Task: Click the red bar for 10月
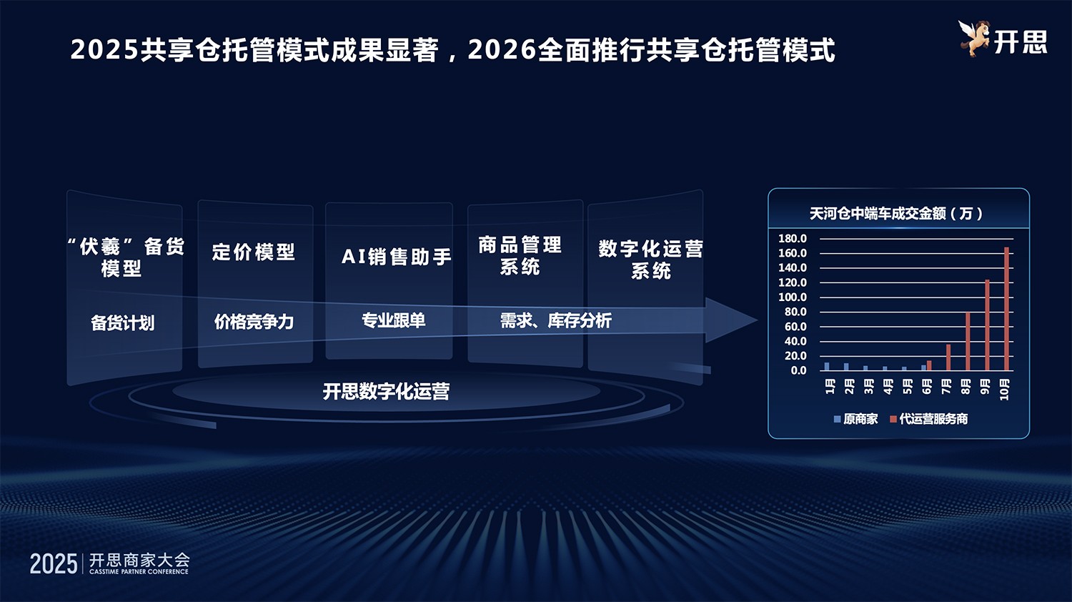(1006, 309)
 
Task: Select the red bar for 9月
(987, 325)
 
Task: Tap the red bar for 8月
(968, 341)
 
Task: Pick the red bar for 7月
(948, 357)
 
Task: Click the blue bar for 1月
(827, 366)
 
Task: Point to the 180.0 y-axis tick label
(793, 239)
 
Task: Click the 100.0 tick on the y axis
(793, 297)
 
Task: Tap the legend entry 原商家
(855, 419)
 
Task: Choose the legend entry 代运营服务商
(928, 419)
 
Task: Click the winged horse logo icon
(973, 39)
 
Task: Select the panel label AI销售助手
(396, 257)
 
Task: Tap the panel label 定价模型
(254, 252)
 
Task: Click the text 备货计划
(122, 323)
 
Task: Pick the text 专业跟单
(393, 320)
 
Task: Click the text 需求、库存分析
(555, 321)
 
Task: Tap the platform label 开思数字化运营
(386, 391)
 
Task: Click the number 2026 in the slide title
(502, 50)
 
